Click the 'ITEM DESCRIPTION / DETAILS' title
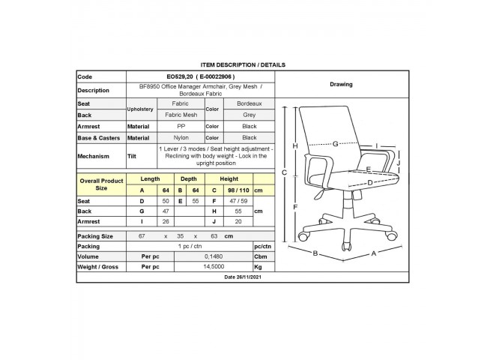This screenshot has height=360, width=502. click(243, 64)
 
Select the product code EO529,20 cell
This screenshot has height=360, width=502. click(201, 76)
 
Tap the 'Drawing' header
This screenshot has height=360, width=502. click(341, 84)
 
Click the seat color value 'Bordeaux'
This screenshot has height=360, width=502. click(250, 103)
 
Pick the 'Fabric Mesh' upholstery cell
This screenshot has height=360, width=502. click(181, 115)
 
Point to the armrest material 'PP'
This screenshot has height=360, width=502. click(181, 126)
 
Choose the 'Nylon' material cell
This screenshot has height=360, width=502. click(181, 137)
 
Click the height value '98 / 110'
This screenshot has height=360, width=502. click(238, 190)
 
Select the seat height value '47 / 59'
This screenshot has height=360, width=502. click(238, 201)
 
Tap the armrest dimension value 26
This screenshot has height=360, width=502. click(166, 221)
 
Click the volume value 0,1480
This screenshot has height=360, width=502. click(214, 256)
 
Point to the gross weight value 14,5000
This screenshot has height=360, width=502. click(214, 267)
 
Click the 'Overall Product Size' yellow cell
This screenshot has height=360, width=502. click(101, 184)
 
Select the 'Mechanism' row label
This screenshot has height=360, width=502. click(93, 157)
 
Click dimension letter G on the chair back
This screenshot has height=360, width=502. click(335, 143)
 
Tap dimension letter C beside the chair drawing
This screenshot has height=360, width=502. click(284, 172)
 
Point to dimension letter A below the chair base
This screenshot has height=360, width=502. click(374, 253)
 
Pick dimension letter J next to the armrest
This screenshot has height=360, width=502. click(399, 163)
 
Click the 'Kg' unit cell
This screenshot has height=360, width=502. click(258, 267)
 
